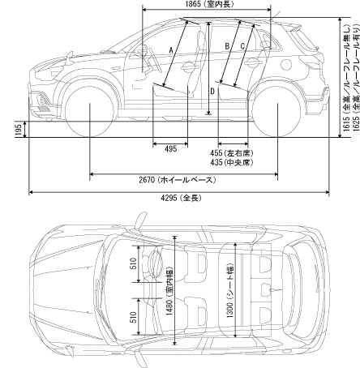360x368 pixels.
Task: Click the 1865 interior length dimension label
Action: click(209, 4)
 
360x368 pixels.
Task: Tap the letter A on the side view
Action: click(171, 49)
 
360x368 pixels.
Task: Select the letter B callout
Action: click(227, 46)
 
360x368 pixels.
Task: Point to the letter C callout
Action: click(242, 46)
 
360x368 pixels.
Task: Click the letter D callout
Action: click(212, 92)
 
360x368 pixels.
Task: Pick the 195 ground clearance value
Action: click(19, 130)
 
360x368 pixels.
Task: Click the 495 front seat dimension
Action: click(170, 148)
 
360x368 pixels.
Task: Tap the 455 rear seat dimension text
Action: click(232, 153)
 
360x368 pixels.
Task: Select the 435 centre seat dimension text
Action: click(232, 162)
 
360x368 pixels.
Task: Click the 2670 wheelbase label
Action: click(178, 180)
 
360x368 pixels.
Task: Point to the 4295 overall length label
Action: click(181, 198)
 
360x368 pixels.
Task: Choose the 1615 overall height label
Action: click(347, 79)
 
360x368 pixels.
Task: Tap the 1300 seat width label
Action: click(230, 290)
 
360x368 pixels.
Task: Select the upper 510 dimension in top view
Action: click(134, 263)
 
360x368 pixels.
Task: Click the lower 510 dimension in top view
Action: click(134, 317)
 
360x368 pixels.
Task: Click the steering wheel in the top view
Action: click(156, 264)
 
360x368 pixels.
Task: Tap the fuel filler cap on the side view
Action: click(286, 64)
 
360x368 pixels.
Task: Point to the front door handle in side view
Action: click(188, 66)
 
